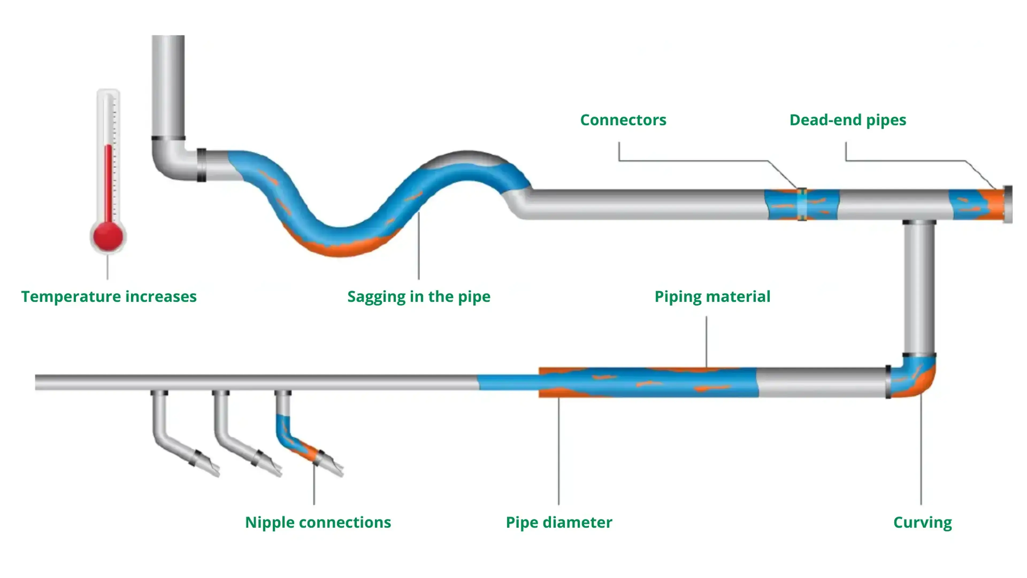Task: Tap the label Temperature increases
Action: [109, 297]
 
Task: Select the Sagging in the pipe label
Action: [419, 297]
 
